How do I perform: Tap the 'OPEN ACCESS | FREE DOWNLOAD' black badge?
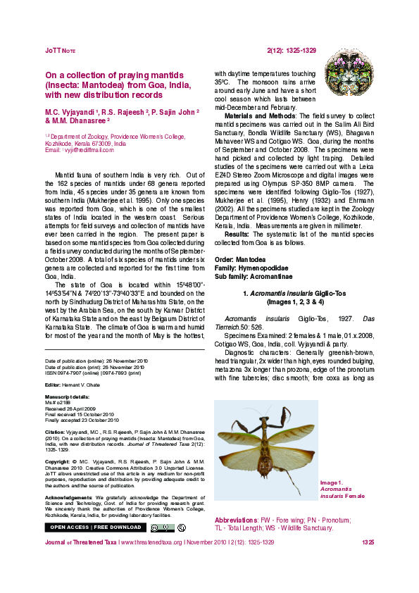coord(96,527)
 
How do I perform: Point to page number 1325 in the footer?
coord(367,542)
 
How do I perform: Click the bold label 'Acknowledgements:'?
coord(73,497)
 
